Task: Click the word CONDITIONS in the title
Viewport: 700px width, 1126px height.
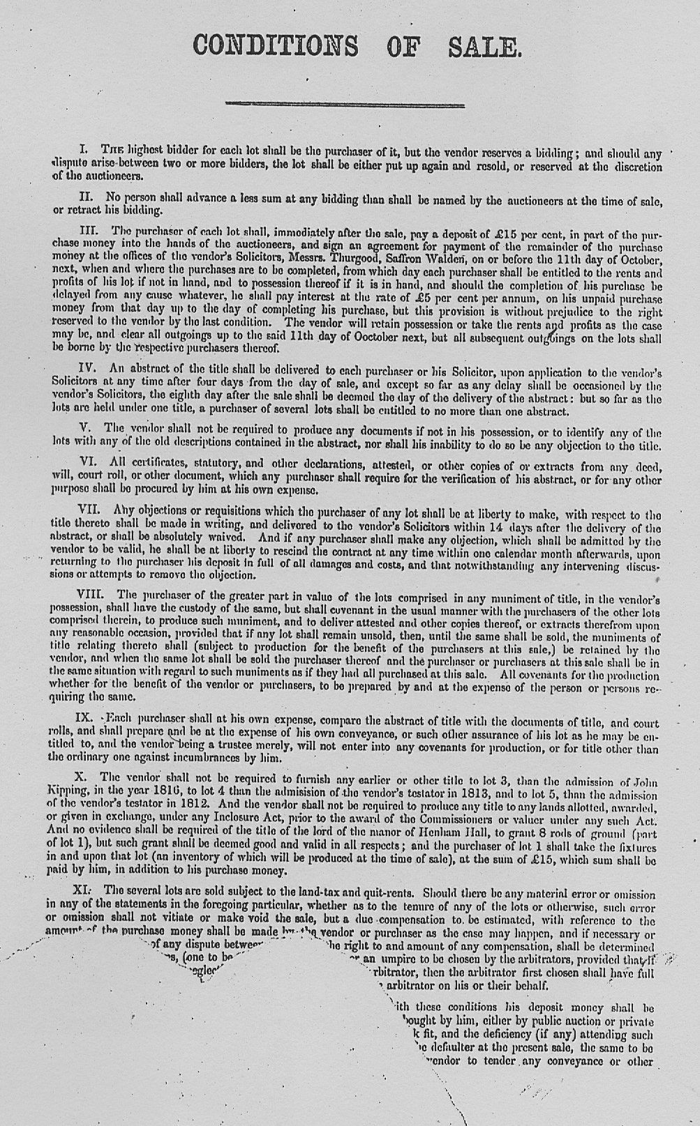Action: [x=275, y=46]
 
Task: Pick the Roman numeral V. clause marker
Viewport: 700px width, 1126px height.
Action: [x=89, y=427]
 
